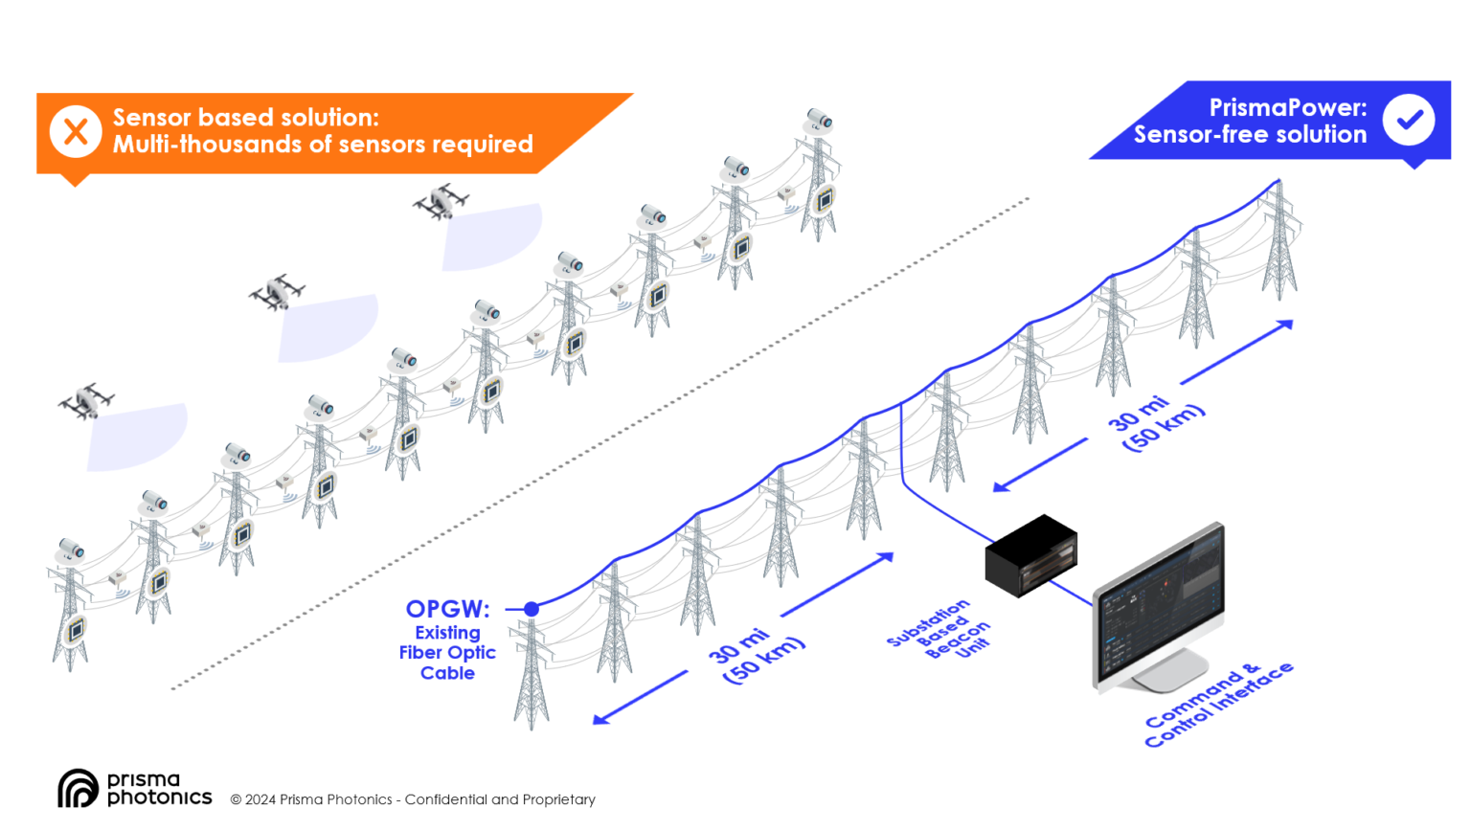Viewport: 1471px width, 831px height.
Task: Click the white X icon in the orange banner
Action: click(x=76, y=132)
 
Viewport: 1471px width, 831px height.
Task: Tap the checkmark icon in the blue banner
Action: click(x=1408, y=121)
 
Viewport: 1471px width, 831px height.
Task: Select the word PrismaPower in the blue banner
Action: click(x=1287, y=107)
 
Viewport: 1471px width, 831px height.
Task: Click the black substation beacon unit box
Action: click(x=1031, y=554)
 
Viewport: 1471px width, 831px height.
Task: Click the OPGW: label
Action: click(x=447, y=609)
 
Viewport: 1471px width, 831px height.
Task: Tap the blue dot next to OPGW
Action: click(x=532, y=609)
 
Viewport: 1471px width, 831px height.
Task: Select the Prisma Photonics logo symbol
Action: click(x=78, y=789)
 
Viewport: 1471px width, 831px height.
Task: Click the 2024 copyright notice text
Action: click(x=413, y=799)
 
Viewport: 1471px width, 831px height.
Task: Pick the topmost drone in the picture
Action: click(x=441, y=202)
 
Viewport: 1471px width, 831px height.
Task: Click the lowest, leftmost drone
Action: click(x=86, y=401)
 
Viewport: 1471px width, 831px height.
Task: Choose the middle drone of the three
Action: click(x=277, y=292)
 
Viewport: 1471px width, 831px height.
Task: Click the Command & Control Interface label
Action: click(x=1218, y=705)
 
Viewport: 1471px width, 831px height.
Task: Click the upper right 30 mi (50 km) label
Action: click(x=1155, y=422)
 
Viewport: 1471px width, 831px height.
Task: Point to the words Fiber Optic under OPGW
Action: click(x=447, y=653)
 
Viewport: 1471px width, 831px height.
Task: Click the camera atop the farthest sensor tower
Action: click(x=819, y=120)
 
